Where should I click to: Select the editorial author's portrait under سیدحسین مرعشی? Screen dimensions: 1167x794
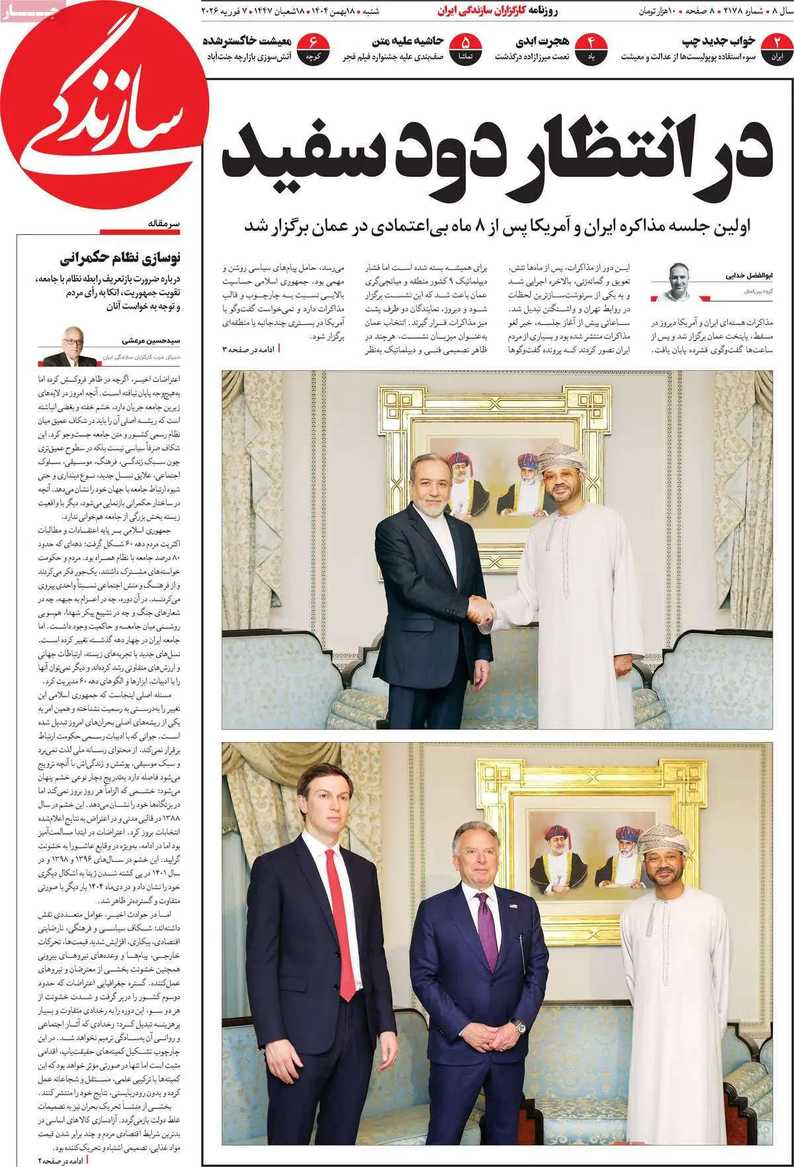tap(68, 346)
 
